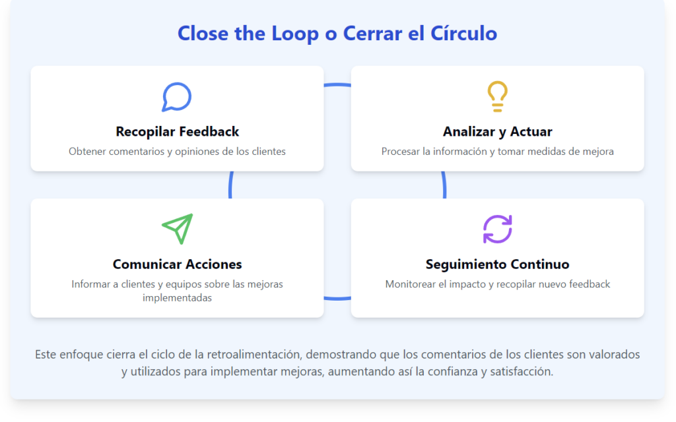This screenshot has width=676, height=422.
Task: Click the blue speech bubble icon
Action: (x=177, y=97)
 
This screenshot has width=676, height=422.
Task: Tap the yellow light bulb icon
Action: (x=498, y=96)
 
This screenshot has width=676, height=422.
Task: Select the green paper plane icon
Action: (x=177, y=229)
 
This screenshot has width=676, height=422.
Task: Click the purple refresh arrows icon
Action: (x=498, y=229)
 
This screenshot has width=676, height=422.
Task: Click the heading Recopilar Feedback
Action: (x=177, y=131)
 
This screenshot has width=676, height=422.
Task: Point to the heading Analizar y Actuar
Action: (x=498, y=131)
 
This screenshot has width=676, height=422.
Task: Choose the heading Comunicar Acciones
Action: (x=177, y=264)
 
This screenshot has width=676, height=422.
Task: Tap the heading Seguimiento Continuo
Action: (x=498, y=264)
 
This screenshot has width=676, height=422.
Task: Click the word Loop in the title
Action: (x=295, y=34)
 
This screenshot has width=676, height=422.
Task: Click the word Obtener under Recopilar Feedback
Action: (x=86, y=151)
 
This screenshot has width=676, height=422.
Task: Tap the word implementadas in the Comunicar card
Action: (x=177, y=297)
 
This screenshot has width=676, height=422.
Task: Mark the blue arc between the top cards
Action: (x=337, y=85)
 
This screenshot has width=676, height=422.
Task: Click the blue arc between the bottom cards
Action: (x=337, y=298)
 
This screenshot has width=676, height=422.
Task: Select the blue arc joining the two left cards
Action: (x=230, y=185)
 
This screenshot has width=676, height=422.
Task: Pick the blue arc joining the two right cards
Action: (x=444, y=185)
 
